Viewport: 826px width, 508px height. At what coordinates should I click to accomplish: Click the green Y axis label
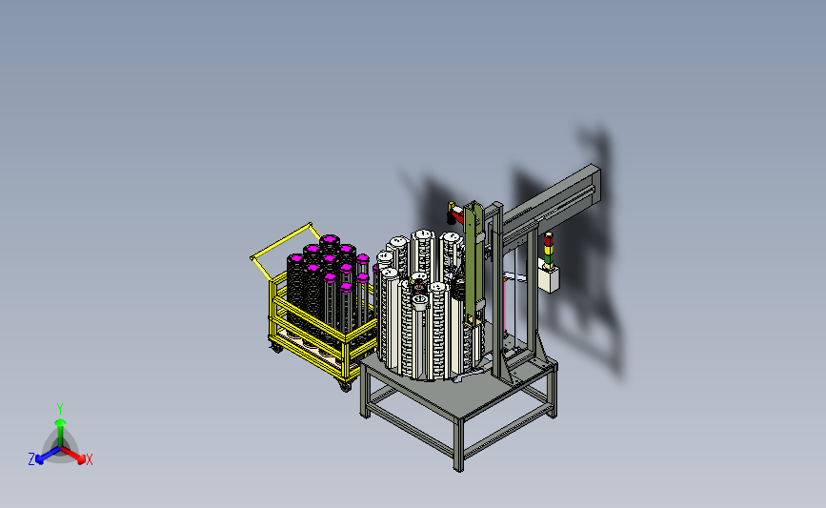click(60, 409)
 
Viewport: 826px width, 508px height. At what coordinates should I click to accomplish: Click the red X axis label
click(89, 459)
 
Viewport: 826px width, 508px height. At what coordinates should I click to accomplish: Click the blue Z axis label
click(31, 459)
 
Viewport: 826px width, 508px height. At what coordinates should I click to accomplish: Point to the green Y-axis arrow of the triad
click(60, 433)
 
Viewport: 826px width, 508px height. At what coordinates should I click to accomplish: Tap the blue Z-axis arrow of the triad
click(48, 456)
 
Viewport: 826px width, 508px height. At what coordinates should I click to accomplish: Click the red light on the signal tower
click(549, 236)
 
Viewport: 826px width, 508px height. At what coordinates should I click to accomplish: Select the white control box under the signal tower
click(549, 278)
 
